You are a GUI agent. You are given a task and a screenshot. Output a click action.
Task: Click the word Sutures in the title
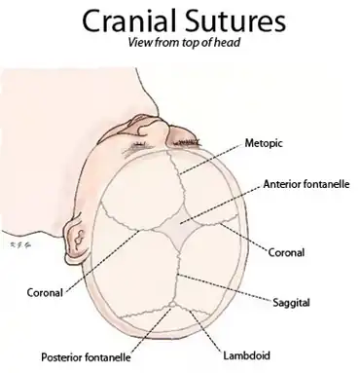pos(233,20)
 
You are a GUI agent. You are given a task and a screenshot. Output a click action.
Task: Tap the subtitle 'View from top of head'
pos(184,42)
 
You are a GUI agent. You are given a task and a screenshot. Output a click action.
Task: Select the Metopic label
pos(264,143)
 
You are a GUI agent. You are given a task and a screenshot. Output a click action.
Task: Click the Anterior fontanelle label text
pos(306,184)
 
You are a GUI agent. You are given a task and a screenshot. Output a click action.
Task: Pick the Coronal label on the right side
pos(286,252)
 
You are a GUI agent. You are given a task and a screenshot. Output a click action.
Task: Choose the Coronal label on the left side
pos(45,292)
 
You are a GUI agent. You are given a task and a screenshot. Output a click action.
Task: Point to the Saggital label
pos(291,303)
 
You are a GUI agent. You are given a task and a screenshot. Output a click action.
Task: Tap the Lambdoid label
pos(246,355)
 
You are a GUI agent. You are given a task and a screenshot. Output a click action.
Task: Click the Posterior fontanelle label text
pos(86,357)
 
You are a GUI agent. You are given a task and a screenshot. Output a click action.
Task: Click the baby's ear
pos(77,239)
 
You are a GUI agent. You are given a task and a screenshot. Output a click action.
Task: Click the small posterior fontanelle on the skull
pos(172,305)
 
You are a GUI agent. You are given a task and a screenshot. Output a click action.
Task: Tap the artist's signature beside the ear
pos(20,243)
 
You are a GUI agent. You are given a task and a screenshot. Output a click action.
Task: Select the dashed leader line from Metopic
pos(211,159)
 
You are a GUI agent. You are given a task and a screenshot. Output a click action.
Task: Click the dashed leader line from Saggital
pos(225,288)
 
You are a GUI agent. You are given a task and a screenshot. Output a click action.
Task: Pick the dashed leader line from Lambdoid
pos(205,330)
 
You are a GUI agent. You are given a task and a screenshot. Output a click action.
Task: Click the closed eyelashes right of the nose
pos(186,142)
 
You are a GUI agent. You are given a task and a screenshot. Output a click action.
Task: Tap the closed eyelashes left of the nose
pos(139,144)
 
